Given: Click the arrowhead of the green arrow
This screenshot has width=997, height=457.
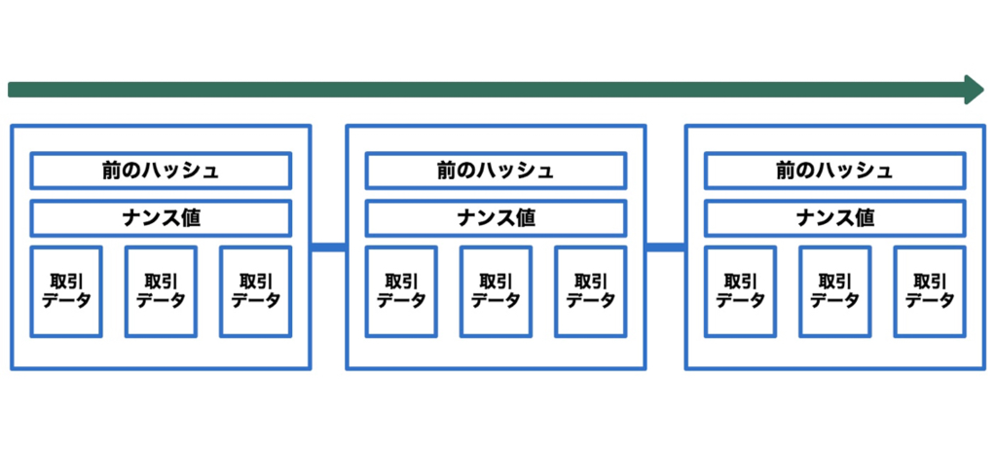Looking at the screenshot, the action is pos(974,90).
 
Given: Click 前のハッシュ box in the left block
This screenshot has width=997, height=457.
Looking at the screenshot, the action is pos(161,171).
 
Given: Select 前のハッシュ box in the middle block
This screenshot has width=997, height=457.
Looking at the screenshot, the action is pos(496,171).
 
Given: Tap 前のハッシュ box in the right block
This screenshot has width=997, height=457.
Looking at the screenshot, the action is pos(834,171).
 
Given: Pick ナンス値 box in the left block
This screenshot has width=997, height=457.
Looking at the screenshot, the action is pos(161,218).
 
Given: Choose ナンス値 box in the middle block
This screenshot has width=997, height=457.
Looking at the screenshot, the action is pos(496,218).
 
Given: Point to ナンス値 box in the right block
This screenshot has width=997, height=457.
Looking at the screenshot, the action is pos(834,218).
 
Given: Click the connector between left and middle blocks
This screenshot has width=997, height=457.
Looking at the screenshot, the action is pos(328,247).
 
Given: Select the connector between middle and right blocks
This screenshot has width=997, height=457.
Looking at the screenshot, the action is pos(665,247).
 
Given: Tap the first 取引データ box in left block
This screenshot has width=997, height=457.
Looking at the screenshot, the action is pos(66,291).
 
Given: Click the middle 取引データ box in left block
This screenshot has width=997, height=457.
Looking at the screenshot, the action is pos(161,291).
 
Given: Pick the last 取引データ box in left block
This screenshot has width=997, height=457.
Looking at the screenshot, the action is pos(256,291).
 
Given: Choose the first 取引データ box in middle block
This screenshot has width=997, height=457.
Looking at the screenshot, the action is pos(401,291).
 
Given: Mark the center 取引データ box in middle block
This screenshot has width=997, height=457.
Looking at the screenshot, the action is pos(496,291).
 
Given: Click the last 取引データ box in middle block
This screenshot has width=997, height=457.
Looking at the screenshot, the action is pos(591,291).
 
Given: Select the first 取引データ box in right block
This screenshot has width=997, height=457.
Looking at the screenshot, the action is pos(740,291).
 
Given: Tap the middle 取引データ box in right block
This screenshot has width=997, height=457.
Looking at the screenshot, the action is pos(834,291).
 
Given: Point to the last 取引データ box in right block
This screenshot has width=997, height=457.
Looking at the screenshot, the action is pos(930,291).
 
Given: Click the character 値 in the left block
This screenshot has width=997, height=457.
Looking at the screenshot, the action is pos(191,218).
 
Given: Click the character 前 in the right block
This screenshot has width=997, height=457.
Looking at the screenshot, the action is pos(786,171).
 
